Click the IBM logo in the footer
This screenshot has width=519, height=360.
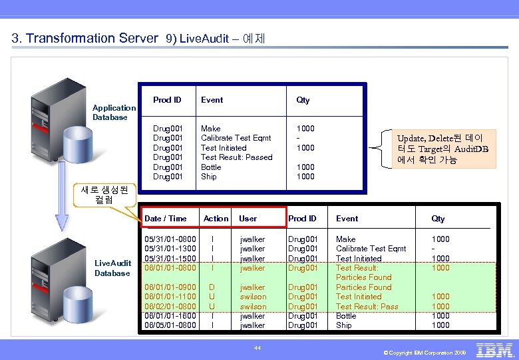pyautogui.click(x=495, y=350)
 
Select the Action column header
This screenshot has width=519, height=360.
pyautogui.click(x=216, y=219)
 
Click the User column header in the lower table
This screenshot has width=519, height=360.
pyautogui.click(x=248, y=219)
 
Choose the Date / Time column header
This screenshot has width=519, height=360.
pyautogui.click(x=166, y=219)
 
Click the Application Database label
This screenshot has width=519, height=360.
pyautogui.click(x=114, y=113)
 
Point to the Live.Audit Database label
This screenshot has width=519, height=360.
pyautogui.click(x=112, y=268)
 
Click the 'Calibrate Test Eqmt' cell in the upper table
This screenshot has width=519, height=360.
pyautogui.click(x=236, y=138)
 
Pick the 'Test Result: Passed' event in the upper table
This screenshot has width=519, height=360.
pyautogui.click(x=236, y=157)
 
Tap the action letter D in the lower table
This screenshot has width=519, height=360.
pyautogui.click(x=212, y=287)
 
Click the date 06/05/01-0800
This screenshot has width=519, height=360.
pyautogui.click(x=170, y=325)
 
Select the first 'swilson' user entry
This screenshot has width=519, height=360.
pyautogui.click(x=253, y=297)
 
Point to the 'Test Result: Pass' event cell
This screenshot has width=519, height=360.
pyautogui.click(x=367, y=307)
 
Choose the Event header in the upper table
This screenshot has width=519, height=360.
pyautogui.click(x=212, y=100)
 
